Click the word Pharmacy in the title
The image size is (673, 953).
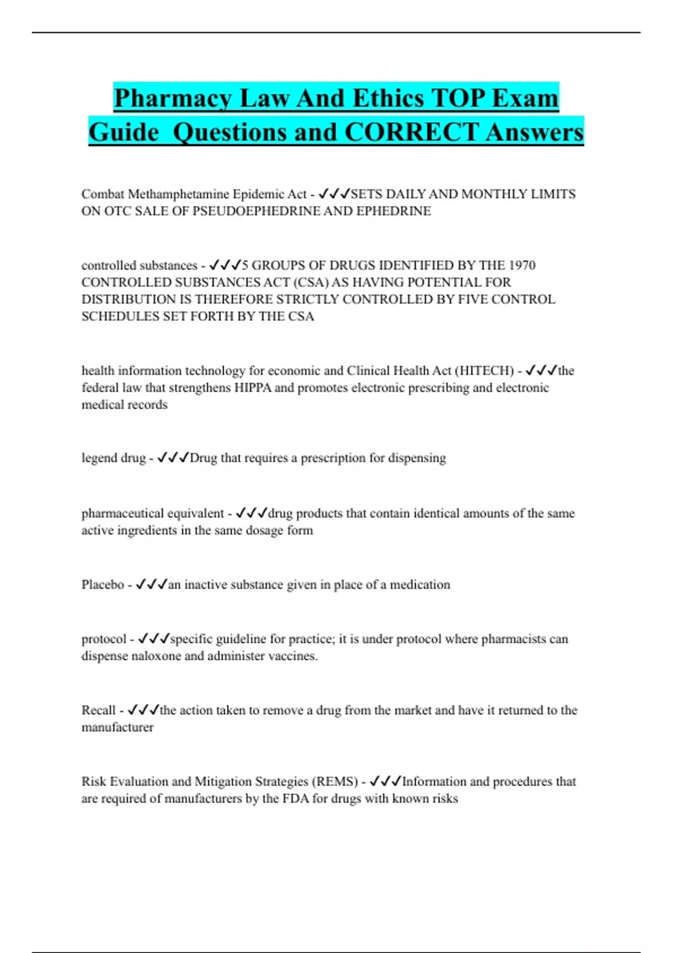[172, 99]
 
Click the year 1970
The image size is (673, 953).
[522, 265]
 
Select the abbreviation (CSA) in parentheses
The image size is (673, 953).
[311, 282]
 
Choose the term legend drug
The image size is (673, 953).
[113, 458]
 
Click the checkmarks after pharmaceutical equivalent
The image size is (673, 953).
[251, 513]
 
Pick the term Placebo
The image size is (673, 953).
[103, 585]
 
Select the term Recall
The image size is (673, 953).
[98, 710]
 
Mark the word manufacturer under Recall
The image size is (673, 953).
[117, 727]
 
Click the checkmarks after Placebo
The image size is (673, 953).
[151, 585]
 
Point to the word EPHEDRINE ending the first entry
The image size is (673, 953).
[394, 211]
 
